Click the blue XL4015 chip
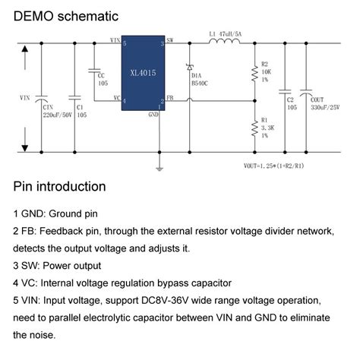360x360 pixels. coord(144,73)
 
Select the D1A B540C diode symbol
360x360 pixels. coord(189,69)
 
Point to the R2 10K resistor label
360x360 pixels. coord(265,71)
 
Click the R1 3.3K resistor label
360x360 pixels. coord(265,126)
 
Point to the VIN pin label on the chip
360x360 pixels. coord(115,39)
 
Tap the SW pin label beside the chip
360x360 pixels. coord(169,39)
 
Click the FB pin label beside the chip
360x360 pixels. coord(169,98)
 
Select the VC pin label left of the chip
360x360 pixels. coord(115,98)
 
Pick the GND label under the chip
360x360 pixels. coord(153,114)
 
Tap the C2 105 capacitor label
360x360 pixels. coord(289,103)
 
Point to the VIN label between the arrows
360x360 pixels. coord(24,98)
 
